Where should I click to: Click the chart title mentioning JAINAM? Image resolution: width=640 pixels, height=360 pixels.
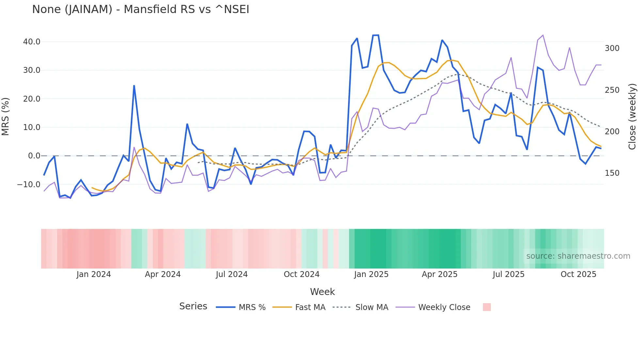point(140,9)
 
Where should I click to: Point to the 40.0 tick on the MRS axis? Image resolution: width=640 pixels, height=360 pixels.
point(31,42)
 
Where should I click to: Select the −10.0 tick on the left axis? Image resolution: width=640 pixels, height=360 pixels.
point(29,185)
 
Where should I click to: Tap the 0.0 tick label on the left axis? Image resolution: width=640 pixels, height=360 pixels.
point(34,156)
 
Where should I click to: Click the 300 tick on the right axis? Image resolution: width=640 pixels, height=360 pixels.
point(612,48)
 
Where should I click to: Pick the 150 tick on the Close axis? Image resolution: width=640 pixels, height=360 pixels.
point(612,173)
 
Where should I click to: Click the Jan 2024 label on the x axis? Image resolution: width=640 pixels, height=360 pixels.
point(94,274)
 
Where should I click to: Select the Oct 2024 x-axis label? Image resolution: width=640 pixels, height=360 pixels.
point(301,274)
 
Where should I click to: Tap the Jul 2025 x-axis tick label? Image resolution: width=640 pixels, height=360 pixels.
point(508,274)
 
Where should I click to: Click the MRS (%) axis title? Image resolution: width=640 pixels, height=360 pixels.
point(6,117)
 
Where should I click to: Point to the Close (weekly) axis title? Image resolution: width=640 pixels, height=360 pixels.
point(632,117)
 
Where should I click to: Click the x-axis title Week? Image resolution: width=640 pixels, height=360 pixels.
point(322,292)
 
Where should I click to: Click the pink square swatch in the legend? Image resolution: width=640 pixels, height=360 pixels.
point(487,307)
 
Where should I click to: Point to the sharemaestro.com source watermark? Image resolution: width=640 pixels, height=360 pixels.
point(578,256)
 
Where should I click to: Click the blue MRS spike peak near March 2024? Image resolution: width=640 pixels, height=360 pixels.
point(134,86)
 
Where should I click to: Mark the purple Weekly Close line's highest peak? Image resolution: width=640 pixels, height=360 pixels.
point(543,35)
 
